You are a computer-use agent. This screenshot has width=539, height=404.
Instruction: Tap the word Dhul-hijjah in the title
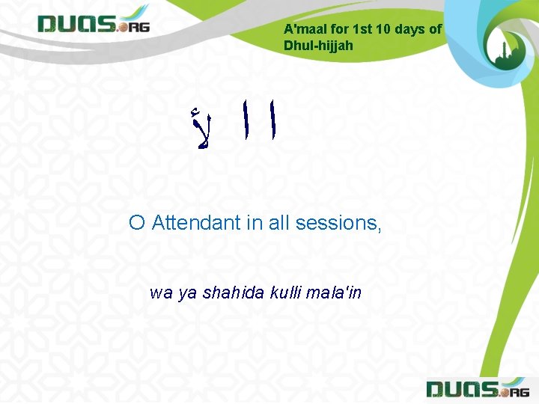(x=318, y=46)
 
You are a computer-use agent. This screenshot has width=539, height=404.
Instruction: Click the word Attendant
(x=196, y=222)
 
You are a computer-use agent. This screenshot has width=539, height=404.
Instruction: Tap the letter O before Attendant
(x=136, y=222)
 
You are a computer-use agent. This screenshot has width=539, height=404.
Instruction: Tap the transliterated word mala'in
(x=335, y=293)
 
